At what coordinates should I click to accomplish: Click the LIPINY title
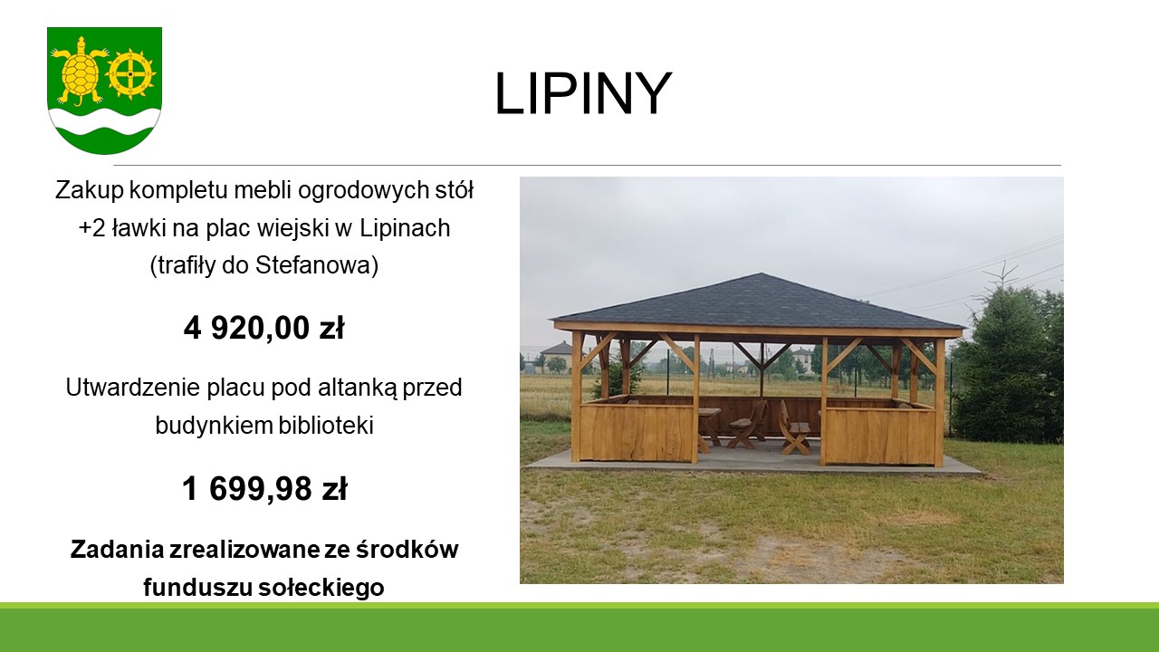tap(583, 94)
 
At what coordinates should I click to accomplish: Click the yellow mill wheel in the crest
tap(130, 75)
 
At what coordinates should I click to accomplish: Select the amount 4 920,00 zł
tap(263, 328)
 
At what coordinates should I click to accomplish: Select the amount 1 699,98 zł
tap(264, 488)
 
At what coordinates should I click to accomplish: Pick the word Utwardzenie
tap(132, 387)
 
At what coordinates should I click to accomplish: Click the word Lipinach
tap(405, 228)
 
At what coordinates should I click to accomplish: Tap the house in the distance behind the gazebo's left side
tap(557, 356)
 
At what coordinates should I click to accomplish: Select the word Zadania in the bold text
tap(117, 550)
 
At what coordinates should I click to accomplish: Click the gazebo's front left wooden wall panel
tap(636, 433)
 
